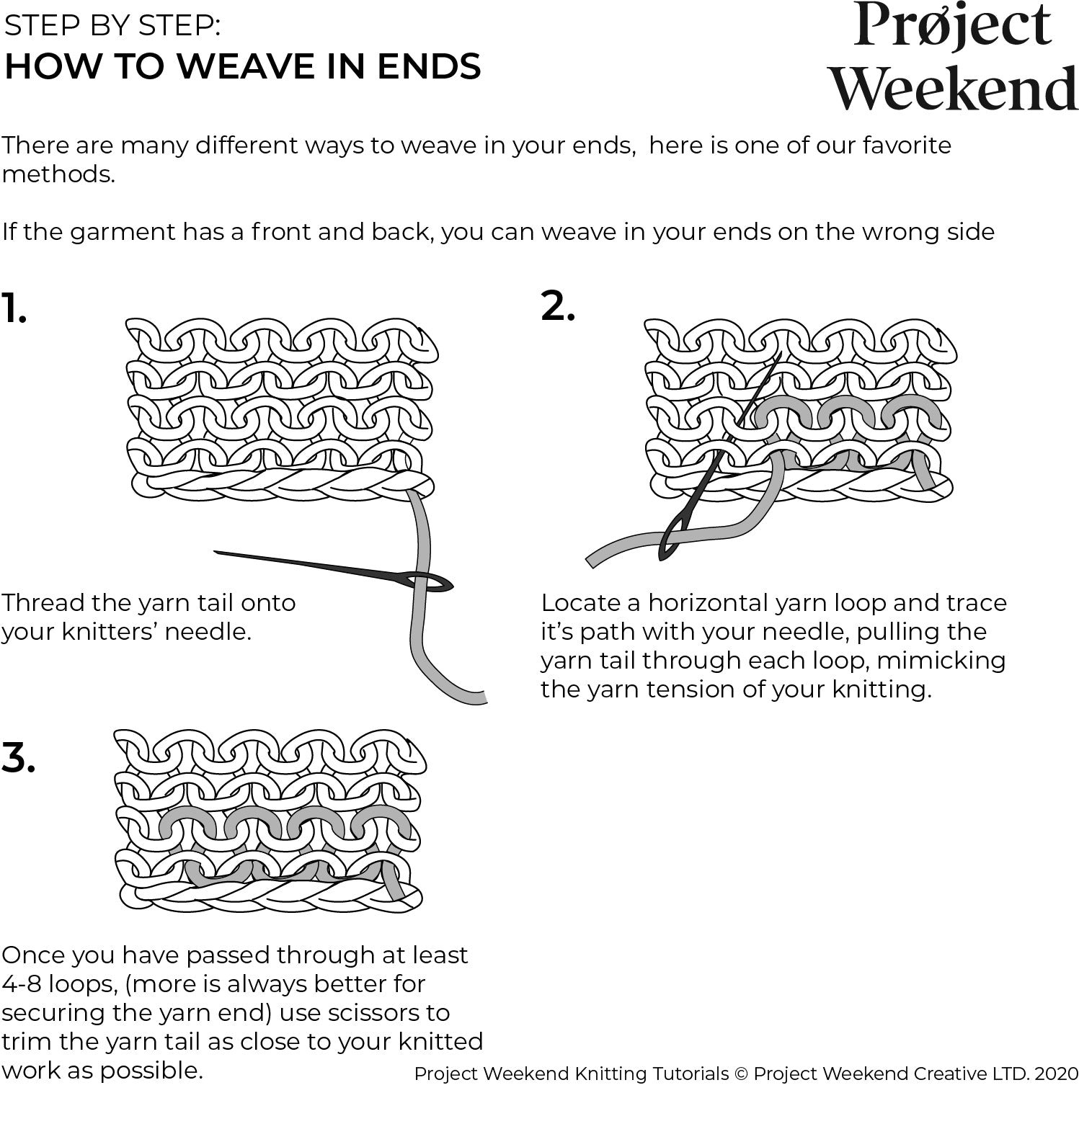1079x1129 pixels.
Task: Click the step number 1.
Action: pos(13,309)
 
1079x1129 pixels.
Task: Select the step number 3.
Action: pos(18,758)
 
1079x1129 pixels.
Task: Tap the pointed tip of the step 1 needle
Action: pos(216,553)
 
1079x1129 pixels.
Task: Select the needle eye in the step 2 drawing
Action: pos(673,540)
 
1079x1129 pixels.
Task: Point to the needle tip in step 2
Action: pos(781,354)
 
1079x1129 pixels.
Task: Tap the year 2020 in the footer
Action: pos(1056,1074)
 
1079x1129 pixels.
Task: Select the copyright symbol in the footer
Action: pos(741,1074)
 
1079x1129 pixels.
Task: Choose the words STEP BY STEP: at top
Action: pos(112,26)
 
